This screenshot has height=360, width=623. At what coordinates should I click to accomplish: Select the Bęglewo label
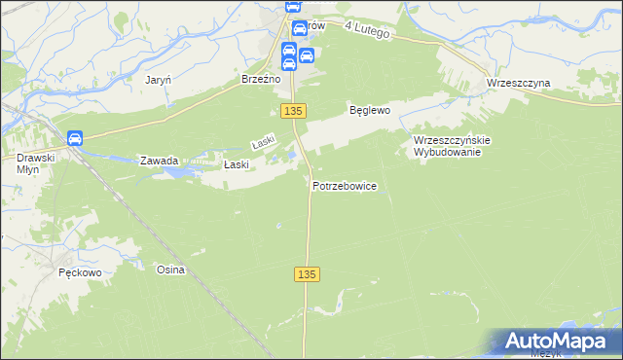370,111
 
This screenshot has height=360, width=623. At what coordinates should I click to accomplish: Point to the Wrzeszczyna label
518,83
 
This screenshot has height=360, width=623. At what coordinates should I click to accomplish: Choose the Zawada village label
159,161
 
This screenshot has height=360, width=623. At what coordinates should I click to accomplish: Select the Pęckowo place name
80,273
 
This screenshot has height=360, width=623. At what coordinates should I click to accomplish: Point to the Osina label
170,270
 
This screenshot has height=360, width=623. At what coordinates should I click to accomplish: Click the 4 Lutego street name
366,31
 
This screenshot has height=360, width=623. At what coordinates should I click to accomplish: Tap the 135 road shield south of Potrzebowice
306,275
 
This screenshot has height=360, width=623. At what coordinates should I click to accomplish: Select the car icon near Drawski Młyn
76,139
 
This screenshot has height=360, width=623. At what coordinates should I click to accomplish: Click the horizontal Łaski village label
238,164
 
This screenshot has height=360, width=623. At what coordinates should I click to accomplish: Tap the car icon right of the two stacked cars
306,55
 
